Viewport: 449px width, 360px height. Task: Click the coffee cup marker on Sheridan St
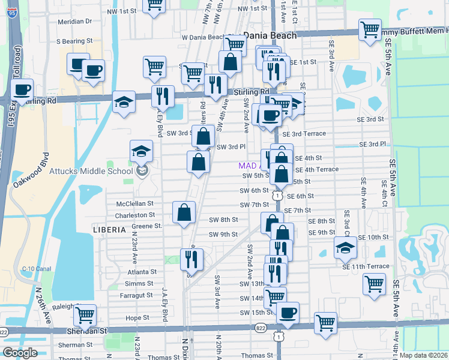tap(288, 313)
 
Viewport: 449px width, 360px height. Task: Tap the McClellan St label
tap(135, 204)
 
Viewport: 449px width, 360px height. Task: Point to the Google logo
tap(19, 353)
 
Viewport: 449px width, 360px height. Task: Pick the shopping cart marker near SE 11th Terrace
tap(374, 283)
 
